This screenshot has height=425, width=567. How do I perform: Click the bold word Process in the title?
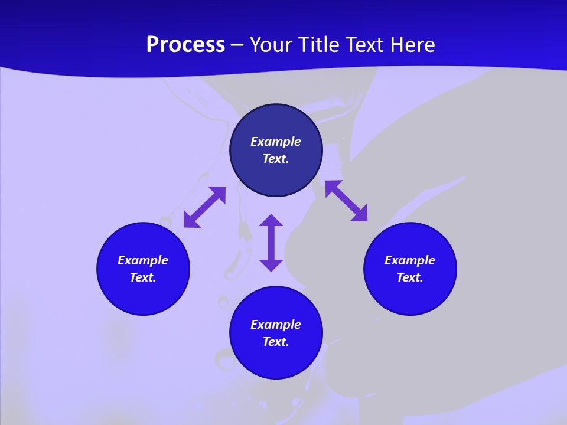pyautogui.click(x=185, y=45)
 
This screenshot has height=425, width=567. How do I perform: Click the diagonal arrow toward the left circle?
pyautogui.click(x=204, y=207)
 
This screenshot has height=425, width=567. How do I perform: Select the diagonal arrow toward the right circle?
pyautogui.click(x=347, y=201)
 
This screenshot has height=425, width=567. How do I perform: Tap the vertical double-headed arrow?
pyautogui.click(x=271, y=243)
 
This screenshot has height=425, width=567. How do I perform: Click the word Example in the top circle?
pyautogui.click(x=276, y=142)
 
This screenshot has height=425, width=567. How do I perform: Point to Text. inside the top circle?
pyautogui.click(x=276, y=159)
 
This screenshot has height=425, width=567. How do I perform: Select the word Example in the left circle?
pyautogui.click(x=143, y=260)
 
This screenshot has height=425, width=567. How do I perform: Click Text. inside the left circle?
pyautogui.click(x=143, y=277)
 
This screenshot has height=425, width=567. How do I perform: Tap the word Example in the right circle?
pyautogui.click(x=410, y=260)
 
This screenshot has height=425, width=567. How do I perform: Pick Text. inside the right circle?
pyautogui.click(x=410, y=277)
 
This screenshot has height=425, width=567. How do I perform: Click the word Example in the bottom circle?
pyautogui.click(x=276, y=325)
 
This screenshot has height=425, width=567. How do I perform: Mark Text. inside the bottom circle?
pyautogui.click(x=276, y=342)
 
